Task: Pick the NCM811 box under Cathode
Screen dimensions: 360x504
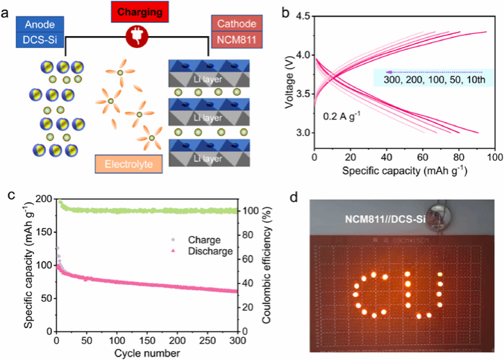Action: [x=235, y=40]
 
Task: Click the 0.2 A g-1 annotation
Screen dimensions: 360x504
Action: [x=342, y=117]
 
